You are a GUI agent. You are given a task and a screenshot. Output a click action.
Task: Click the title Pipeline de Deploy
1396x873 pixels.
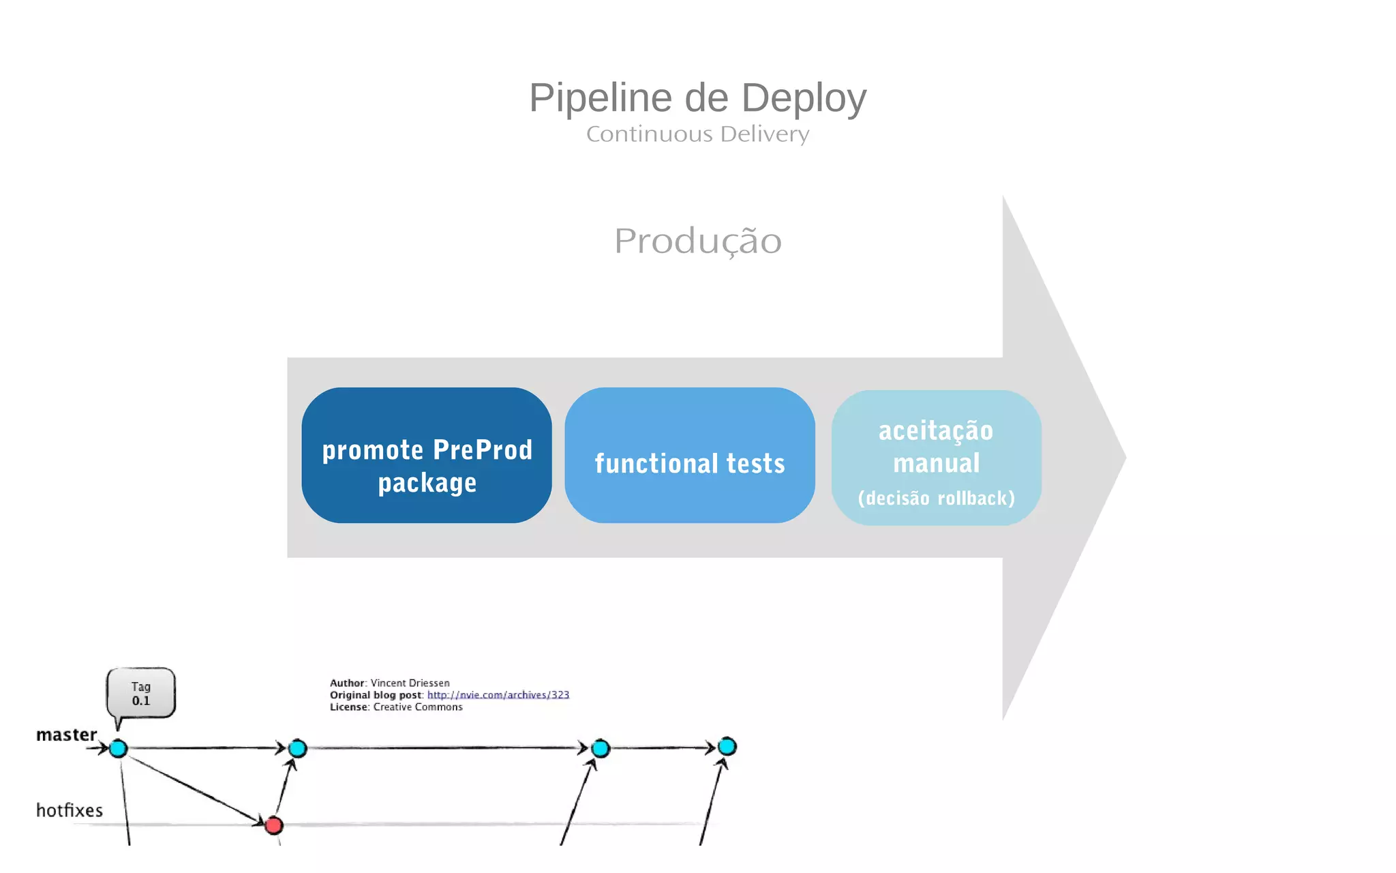697,98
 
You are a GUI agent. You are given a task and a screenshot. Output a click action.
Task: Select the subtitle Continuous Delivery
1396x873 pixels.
697,134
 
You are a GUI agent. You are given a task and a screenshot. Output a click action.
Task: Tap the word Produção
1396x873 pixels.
697,241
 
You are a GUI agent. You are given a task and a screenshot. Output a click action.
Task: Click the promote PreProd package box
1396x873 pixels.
427,456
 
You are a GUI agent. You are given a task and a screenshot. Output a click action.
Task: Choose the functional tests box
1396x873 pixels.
689,456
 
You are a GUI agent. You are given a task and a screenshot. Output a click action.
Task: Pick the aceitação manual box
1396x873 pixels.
936,447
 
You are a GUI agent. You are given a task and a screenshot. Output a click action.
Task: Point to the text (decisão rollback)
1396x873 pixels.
936,499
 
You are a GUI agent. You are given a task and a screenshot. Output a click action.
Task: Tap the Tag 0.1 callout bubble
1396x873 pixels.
141,694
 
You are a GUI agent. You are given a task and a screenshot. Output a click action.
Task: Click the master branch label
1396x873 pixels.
66,735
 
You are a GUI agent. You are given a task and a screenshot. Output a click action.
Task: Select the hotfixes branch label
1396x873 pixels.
69,810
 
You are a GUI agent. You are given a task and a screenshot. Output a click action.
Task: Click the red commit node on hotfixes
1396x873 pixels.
274,825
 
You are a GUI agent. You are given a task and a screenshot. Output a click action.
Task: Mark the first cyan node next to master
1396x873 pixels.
119,748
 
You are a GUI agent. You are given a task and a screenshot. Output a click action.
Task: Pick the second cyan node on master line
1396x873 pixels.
298,748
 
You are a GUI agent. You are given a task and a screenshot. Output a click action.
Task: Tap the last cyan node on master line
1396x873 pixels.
727,746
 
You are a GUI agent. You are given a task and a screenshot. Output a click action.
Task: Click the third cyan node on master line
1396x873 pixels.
601,748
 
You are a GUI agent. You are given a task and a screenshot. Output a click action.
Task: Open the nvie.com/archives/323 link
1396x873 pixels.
498,695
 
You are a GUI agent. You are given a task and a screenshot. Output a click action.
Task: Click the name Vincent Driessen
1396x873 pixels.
410,683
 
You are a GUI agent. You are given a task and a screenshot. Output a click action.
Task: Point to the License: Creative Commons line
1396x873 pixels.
396,707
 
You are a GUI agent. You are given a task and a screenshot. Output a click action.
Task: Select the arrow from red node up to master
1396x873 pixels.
285,788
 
